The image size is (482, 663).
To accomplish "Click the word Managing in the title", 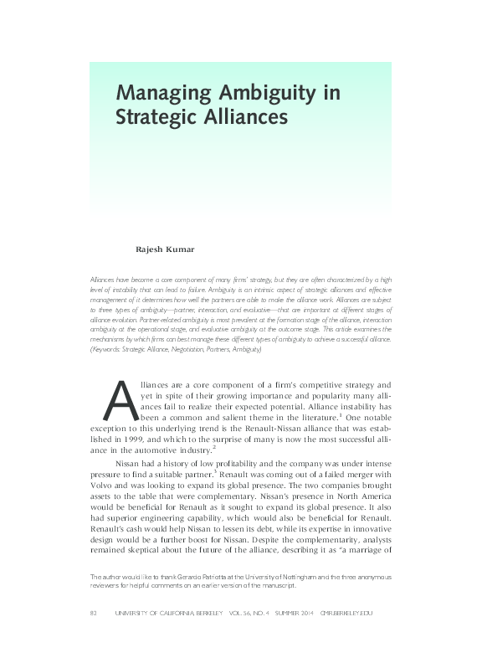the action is tap(159, 91).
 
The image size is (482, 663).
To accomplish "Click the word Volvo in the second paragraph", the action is tap(106, 495).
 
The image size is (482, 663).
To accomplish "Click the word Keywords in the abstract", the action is tap(108, 347).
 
